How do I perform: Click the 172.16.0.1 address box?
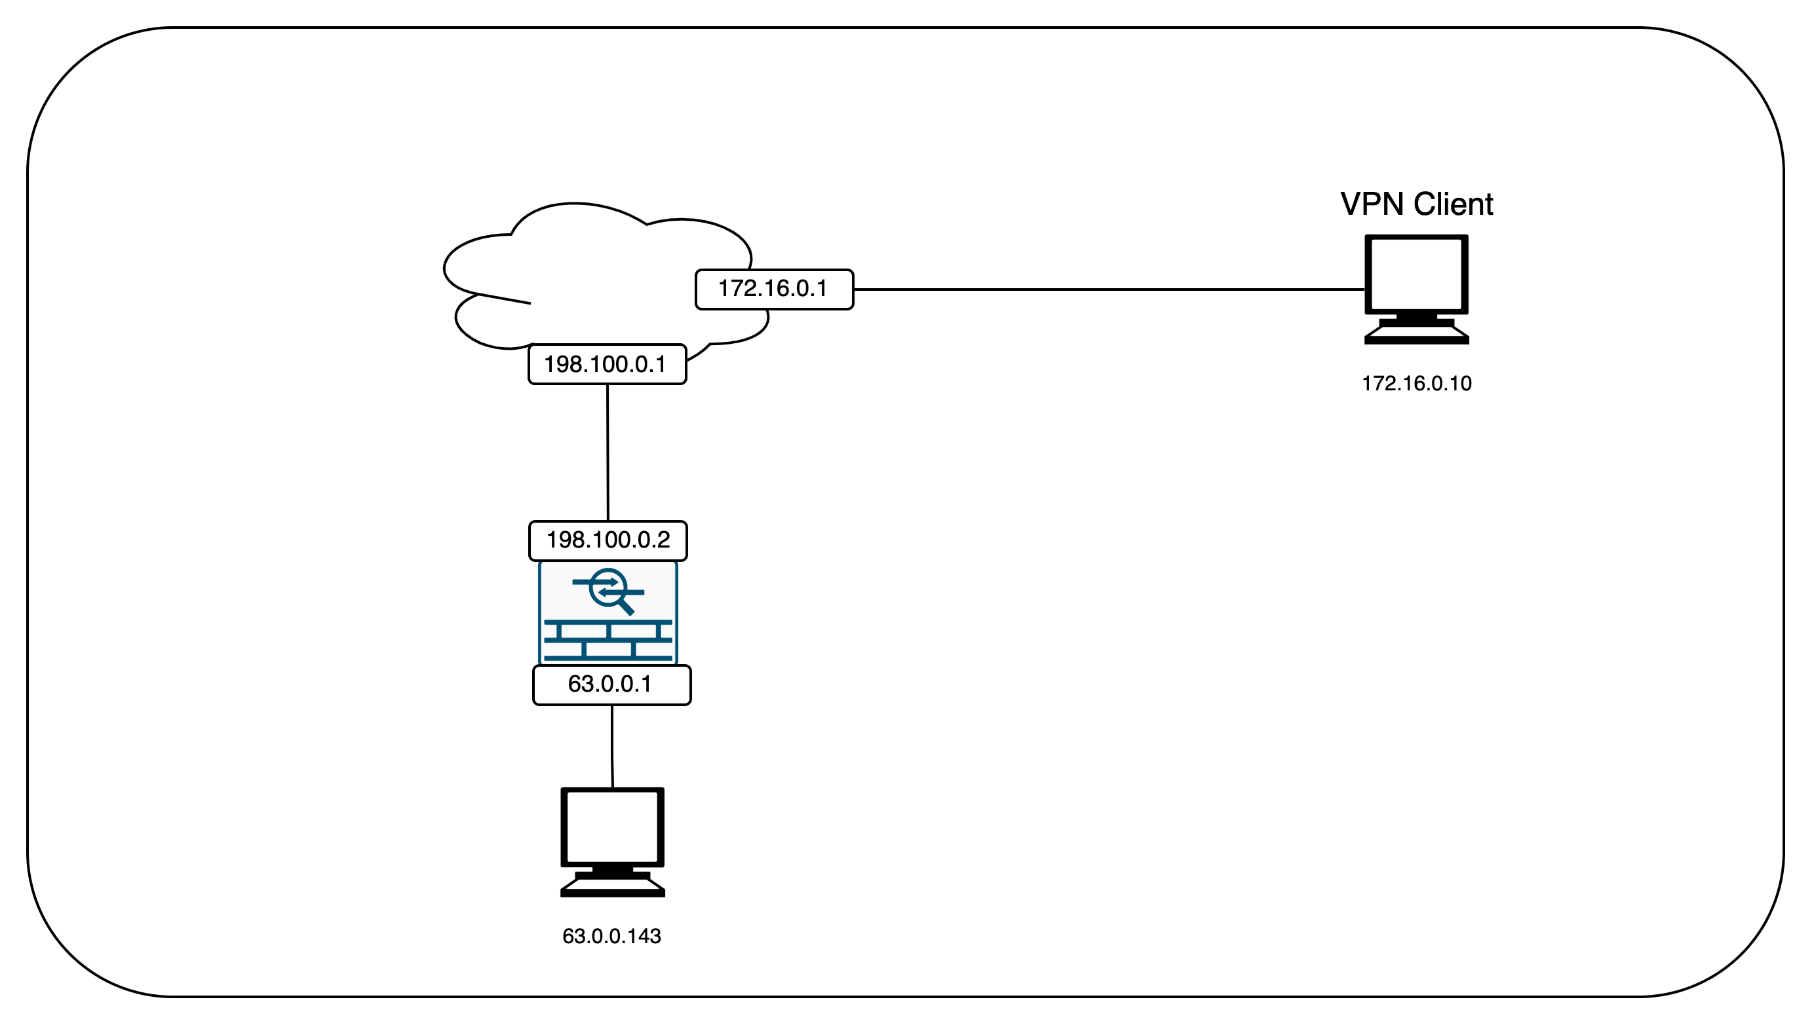coord(774,289)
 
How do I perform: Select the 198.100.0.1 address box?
coord(607,364)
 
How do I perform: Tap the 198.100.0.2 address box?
coord(608,540)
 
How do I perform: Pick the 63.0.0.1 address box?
coord(611,684)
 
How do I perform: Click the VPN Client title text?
coord(1416,204)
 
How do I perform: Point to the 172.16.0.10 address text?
coord(1416,384)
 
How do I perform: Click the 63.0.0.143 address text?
coord(611,936)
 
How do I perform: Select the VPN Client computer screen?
coord(1416,274)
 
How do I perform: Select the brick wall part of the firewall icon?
coord(608,641)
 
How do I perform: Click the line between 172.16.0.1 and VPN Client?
coord(1108,289)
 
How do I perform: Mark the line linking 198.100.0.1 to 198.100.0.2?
coord(608,452)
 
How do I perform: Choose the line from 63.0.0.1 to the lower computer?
coord(611,745)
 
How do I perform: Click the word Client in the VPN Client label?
coord(1453,204)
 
